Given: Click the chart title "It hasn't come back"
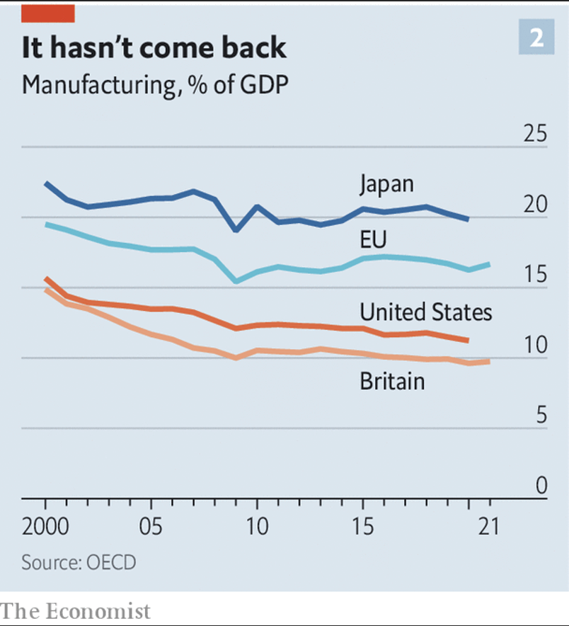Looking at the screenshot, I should click(x=154, y=47).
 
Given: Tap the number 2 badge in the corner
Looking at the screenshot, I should click(x=536, y=38).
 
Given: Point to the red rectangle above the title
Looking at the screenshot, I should click(x=47, y=13).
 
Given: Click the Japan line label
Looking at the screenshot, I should click(x=386, y=184).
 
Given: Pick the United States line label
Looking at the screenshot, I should click(x=425, y=312).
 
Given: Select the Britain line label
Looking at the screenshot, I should click(x=392, y=381).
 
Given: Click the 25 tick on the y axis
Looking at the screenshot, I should click(x=534, y=133).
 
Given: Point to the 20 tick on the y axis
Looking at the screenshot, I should click(x=534, y=204).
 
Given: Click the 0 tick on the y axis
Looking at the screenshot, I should click(x=541, y=485).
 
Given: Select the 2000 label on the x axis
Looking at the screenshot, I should click(x=45, y=527).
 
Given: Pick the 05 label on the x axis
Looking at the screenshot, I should click(x=151, y=527).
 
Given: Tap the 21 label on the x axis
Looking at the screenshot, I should click(x=489, y=527).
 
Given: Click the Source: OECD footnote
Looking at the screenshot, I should click(x=79, y=563).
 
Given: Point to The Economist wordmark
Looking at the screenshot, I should click(x=76, y=610).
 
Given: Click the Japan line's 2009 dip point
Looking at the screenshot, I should click(x=236, y=230).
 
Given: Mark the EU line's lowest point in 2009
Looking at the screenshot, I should click(x=236, y=281).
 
